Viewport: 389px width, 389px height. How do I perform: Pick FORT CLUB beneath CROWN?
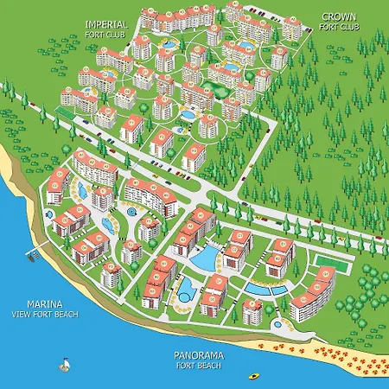pyautogui.click(x=338, y=27)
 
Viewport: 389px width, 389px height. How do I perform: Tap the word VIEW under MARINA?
pyautogui.click(x=20, y=316)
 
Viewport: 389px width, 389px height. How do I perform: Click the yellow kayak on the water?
pyautogui.click(x=254, y=375)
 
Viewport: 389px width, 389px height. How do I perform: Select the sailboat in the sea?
pyautogui.click(x=62, y=363)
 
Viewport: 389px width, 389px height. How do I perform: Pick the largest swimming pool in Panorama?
pyautogui.click(x=206, y=257)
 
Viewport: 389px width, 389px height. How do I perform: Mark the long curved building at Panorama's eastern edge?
pyautogui.click(x=313, y=292)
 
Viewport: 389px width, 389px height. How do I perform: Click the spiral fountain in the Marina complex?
pyautogui.click(x=131, y=209)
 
